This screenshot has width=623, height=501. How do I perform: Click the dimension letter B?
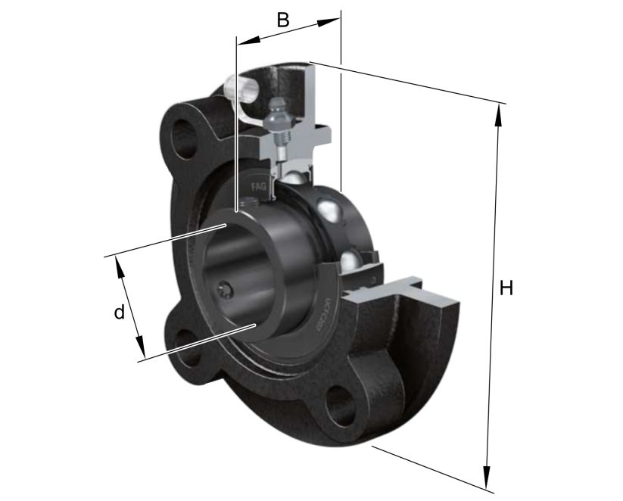click(x=282, y=20)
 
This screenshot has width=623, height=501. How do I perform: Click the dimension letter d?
click(x=119, y=312)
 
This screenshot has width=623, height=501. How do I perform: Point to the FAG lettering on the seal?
click(x=259, y=185)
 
